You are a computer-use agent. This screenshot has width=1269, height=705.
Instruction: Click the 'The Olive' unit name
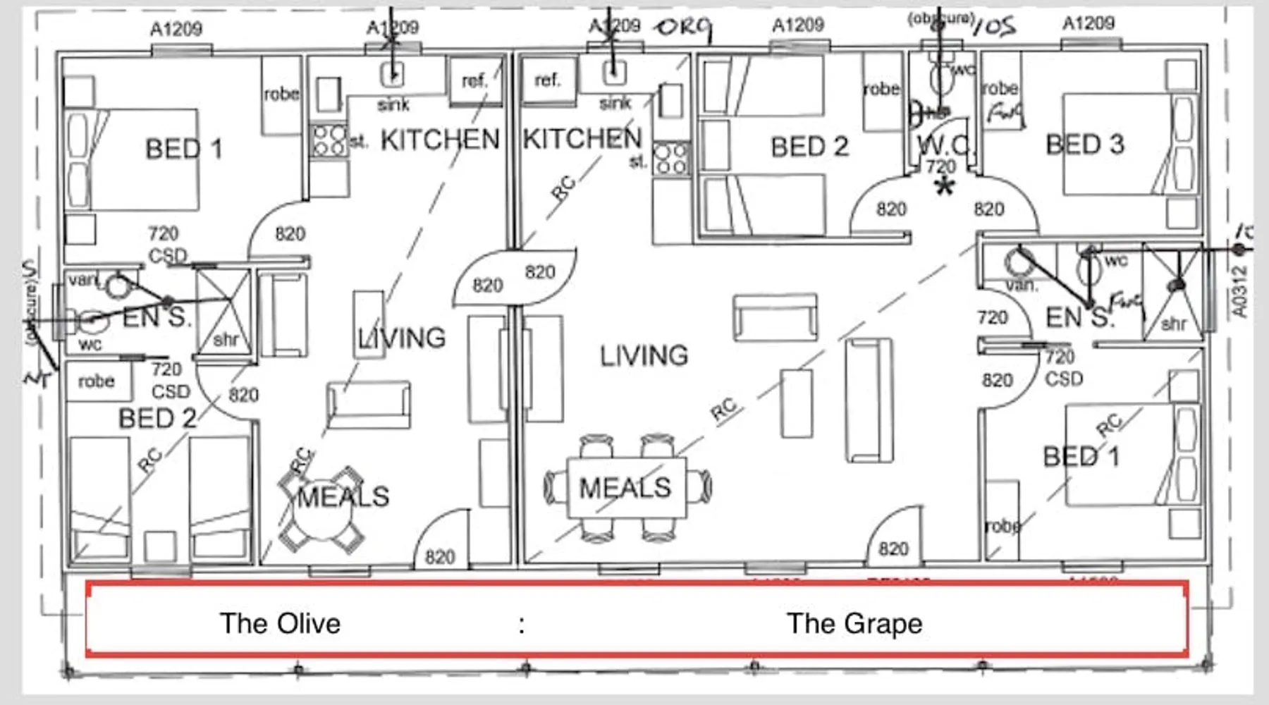pyautogui.click(x=280, y=623)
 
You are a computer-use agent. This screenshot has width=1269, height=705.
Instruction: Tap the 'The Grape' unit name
pyautogui.click(x=854, y=623)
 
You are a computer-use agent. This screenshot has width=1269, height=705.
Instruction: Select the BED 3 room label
pyautogui.click(x=1084, y=145)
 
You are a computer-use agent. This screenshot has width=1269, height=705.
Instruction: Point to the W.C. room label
pyautogui.click(x=943, y=145)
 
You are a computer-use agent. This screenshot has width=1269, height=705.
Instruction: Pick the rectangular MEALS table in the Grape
pyautogui.click(x=625, y=488)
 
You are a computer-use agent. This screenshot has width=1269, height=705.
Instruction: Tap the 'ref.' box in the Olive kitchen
pyautogui.click(x=474, y=80)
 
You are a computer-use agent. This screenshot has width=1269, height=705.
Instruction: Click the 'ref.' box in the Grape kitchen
pyautogui.click(x=548, y=79)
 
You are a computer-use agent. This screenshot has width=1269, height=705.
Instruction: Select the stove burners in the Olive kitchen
pyautogui.click(x=329, y=140)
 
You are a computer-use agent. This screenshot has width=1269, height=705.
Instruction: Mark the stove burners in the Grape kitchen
pyautogui.click(x=670, y=158)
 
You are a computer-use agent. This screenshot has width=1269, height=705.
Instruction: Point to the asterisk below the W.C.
pyautogui.click(x=944, y=187)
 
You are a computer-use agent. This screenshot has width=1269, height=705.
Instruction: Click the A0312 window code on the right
pyautogui.click(x=1240, y=290)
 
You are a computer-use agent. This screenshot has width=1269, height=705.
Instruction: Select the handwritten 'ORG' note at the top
pyautogui.click(x=682, y=28)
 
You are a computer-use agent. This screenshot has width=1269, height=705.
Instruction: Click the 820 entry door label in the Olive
pyautogui.click(x=439, y=557)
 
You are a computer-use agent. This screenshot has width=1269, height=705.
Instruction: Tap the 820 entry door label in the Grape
pyautogui.click(x=893, y=548)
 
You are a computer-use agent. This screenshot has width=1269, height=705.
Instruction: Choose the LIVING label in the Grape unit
pyautogui.click(x=644, y=355)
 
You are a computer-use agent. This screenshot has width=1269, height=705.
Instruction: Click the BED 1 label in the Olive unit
pyautogui.click(x=183, y=149)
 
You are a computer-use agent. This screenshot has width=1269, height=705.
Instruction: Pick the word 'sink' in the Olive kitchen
pyautogui.click(x=393, y=105)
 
